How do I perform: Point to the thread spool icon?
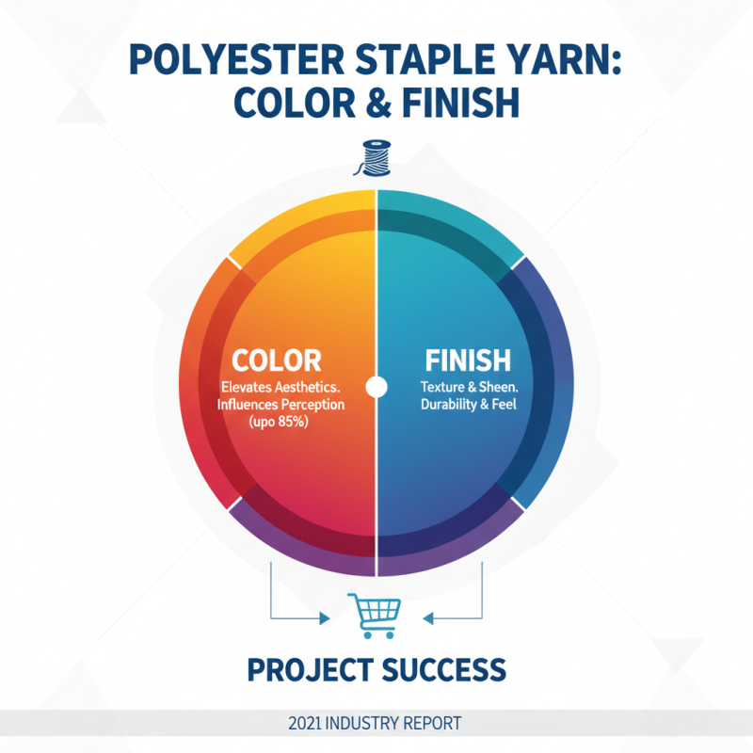point(376,157)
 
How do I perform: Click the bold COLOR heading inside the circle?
point(277,360)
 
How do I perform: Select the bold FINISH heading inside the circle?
point(468,360)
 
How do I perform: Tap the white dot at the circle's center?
point(376,386)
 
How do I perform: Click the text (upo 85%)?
point(280,423)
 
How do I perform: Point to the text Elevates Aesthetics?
point(280,387)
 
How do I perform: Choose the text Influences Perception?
point(280,405)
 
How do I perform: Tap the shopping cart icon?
point(375,615)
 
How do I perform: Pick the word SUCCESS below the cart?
point(446,670)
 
